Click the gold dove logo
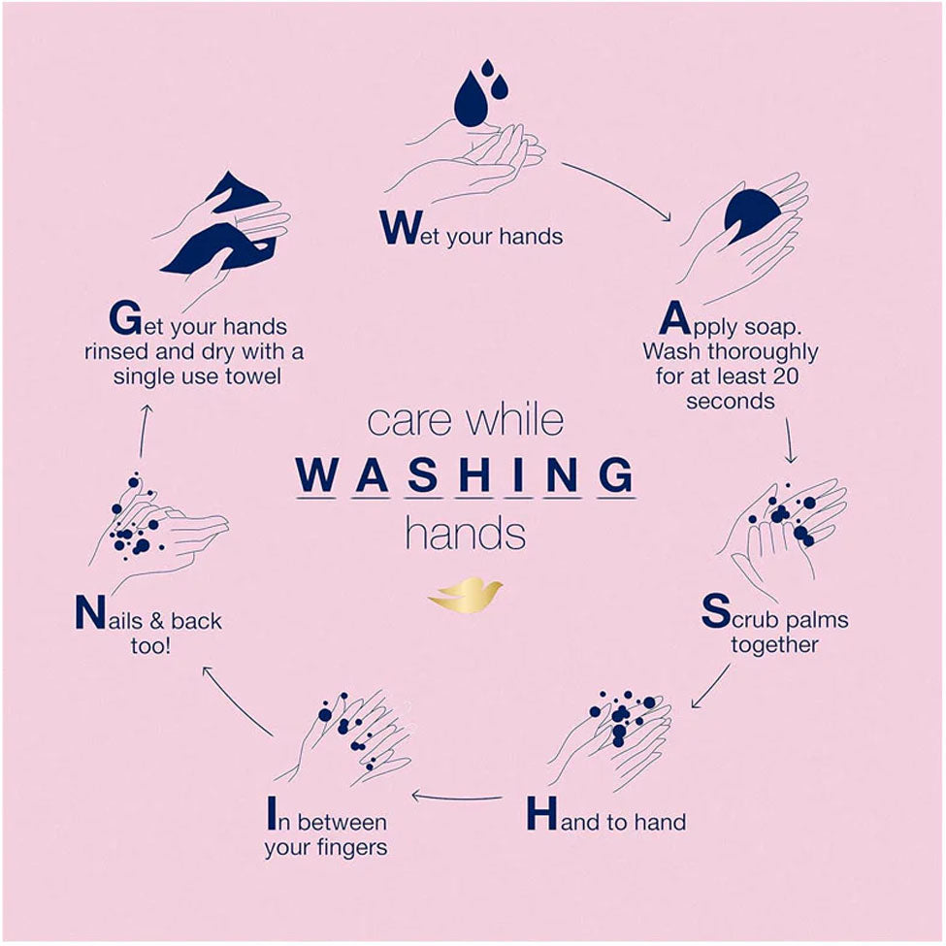click(465, 595)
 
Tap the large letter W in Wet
click(401, 227)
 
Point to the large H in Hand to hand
click(541, 813)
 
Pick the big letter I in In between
click(272, 813)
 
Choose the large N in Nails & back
click(90, 612)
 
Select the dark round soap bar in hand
click(752, 215)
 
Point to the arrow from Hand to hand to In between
click(457, 797)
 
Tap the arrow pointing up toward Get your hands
click(144, 431)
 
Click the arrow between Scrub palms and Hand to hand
click(709, 687)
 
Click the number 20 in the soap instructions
click(784, 375)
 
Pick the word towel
click(253, 375)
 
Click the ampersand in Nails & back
click(157, 621)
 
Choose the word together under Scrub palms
click(774, 645)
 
